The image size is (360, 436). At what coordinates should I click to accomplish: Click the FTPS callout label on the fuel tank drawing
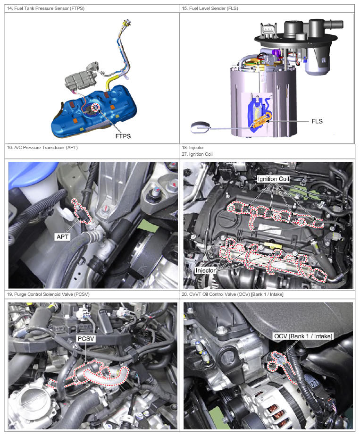(123, 136)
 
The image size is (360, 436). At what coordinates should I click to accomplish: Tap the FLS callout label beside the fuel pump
(317, 121)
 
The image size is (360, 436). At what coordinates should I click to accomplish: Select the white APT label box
(62, 236)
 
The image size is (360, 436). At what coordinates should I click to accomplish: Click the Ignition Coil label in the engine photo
(273, 179)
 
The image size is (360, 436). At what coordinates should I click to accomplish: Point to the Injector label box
(205, 270)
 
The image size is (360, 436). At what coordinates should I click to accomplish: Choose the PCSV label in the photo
(86, 339)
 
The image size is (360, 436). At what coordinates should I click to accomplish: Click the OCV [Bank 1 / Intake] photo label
(303, 336)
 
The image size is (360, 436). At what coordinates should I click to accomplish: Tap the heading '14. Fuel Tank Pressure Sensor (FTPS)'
(46, 8)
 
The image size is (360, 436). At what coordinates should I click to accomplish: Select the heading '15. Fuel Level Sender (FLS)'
(210, 8)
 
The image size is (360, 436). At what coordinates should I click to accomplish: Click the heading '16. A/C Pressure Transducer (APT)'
(42, 147)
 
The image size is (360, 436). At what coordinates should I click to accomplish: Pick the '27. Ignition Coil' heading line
(197, 154)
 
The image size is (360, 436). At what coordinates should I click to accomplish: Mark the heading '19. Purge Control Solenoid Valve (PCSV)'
(48, 294)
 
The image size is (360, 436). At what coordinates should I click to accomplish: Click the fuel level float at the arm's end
(200, 127)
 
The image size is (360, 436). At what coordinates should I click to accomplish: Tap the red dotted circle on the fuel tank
(96, 107)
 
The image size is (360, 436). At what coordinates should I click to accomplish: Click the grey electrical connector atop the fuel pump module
(268, 30)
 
